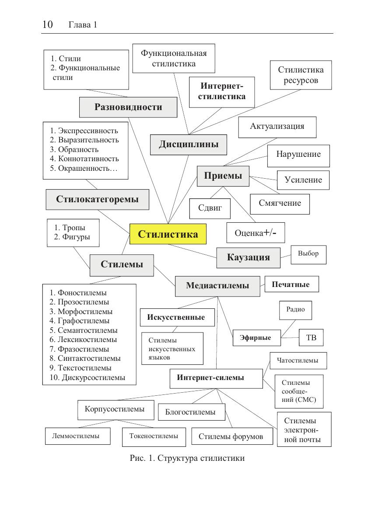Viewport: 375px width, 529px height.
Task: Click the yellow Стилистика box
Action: click(x=168, y=234)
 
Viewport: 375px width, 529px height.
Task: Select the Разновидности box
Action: click(x=128, y=107)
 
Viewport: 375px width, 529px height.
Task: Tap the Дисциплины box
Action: click(x=188, y=145)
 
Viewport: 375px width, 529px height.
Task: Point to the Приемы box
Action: click(x=223, y=176)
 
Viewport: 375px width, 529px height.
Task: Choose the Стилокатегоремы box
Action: click(x=97, y=199)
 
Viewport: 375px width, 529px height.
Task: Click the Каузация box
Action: click(x=248, y=257)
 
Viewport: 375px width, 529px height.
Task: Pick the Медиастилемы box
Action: click(x=217, y=286)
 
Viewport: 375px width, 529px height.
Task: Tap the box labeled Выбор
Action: click(x=308, y=254)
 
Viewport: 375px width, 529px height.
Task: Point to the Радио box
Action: click(x=295, y=310)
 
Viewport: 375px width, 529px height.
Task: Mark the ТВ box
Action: click(x=311, y=338)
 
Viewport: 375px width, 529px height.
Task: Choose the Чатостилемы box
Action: click(x=298, y=361)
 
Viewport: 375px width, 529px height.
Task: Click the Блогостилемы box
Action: click(x=190, y=412)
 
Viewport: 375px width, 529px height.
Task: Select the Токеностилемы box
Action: click(x=154, y=436)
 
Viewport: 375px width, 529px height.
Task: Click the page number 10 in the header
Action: click(x=47, y=25)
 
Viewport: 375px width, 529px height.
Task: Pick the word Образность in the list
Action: click(x=75, y=149)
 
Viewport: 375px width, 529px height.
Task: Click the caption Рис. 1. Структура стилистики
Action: click(x=187, y=458)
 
